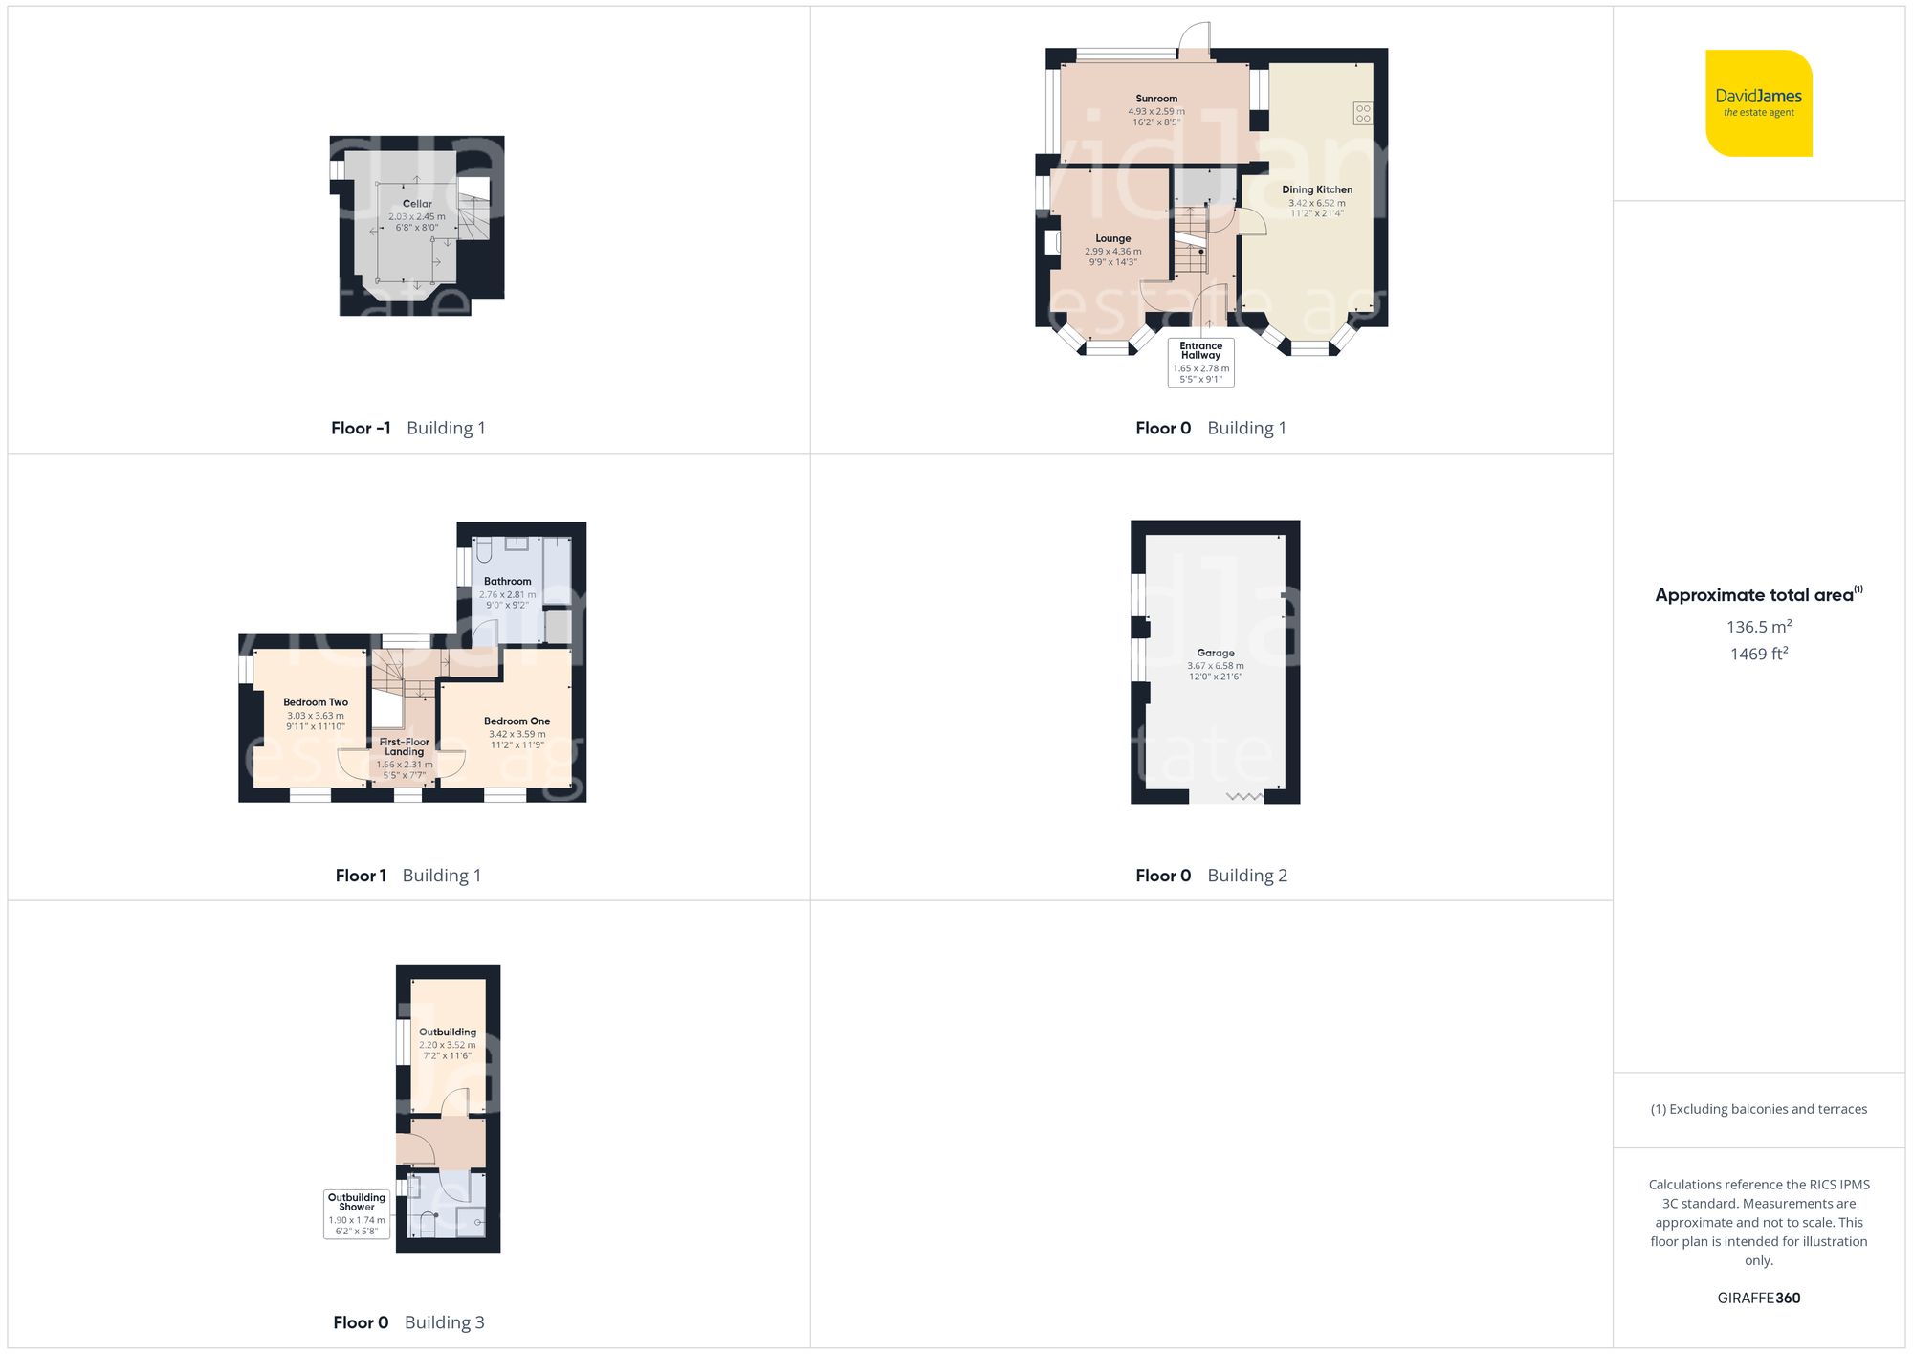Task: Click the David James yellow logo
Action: click(1758, 103)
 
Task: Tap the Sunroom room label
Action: click(1156, 99)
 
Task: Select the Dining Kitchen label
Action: click(1317, 189)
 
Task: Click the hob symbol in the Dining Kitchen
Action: click(1362, 113)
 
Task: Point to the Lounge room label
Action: click(1112, 238)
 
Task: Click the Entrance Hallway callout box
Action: click(1200, 362)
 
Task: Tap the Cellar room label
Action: click(417, 204)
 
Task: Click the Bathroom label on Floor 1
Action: click(507, 581)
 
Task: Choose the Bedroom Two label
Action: click(316, 702)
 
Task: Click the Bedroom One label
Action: click(517, 721)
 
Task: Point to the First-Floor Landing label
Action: click(405, 746)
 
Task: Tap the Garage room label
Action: click(1216, 653)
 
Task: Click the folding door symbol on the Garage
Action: click(1244, 796)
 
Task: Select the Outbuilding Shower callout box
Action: click(357, 1213)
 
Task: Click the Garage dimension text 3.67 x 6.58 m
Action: click(1216, 666)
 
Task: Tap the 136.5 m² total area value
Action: click(1758, 627)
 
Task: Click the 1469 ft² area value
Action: click(1758, 654)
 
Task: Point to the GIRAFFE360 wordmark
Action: click(1758, 1298)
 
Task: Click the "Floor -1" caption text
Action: click(361, 428)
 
